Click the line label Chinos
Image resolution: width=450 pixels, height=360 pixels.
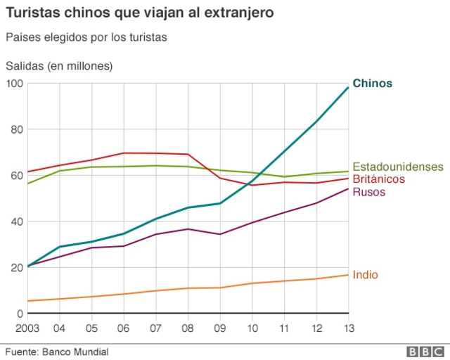pos(372,84)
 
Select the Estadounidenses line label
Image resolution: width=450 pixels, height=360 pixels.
pos(398,167)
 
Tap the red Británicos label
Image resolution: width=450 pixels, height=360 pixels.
pos(379,179)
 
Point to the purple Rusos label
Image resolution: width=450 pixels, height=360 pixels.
pos(368,192)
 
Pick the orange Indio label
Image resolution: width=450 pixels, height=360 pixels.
pos(365,275)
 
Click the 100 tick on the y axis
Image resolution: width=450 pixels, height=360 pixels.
pos(14,84)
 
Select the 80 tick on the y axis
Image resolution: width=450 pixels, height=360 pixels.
pos(17,129)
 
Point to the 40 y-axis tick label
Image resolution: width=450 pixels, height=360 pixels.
pos(17,221)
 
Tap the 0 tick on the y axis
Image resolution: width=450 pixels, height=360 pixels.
pos(20,314)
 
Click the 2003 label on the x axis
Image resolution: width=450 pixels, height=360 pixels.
pos(27,328)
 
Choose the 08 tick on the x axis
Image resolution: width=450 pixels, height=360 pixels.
pos(188,328)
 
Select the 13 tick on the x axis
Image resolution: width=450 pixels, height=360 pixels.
pos(348,328)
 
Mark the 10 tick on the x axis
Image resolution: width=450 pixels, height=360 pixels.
pos(252,328)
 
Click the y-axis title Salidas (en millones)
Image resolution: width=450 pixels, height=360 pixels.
pos(59,66)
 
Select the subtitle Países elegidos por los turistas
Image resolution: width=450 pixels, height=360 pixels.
pos(86,37)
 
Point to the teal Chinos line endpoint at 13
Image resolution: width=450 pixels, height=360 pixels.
pos(348,87)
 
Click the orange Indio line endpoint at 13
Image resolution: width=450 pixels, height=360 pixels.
pos(348,274)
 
